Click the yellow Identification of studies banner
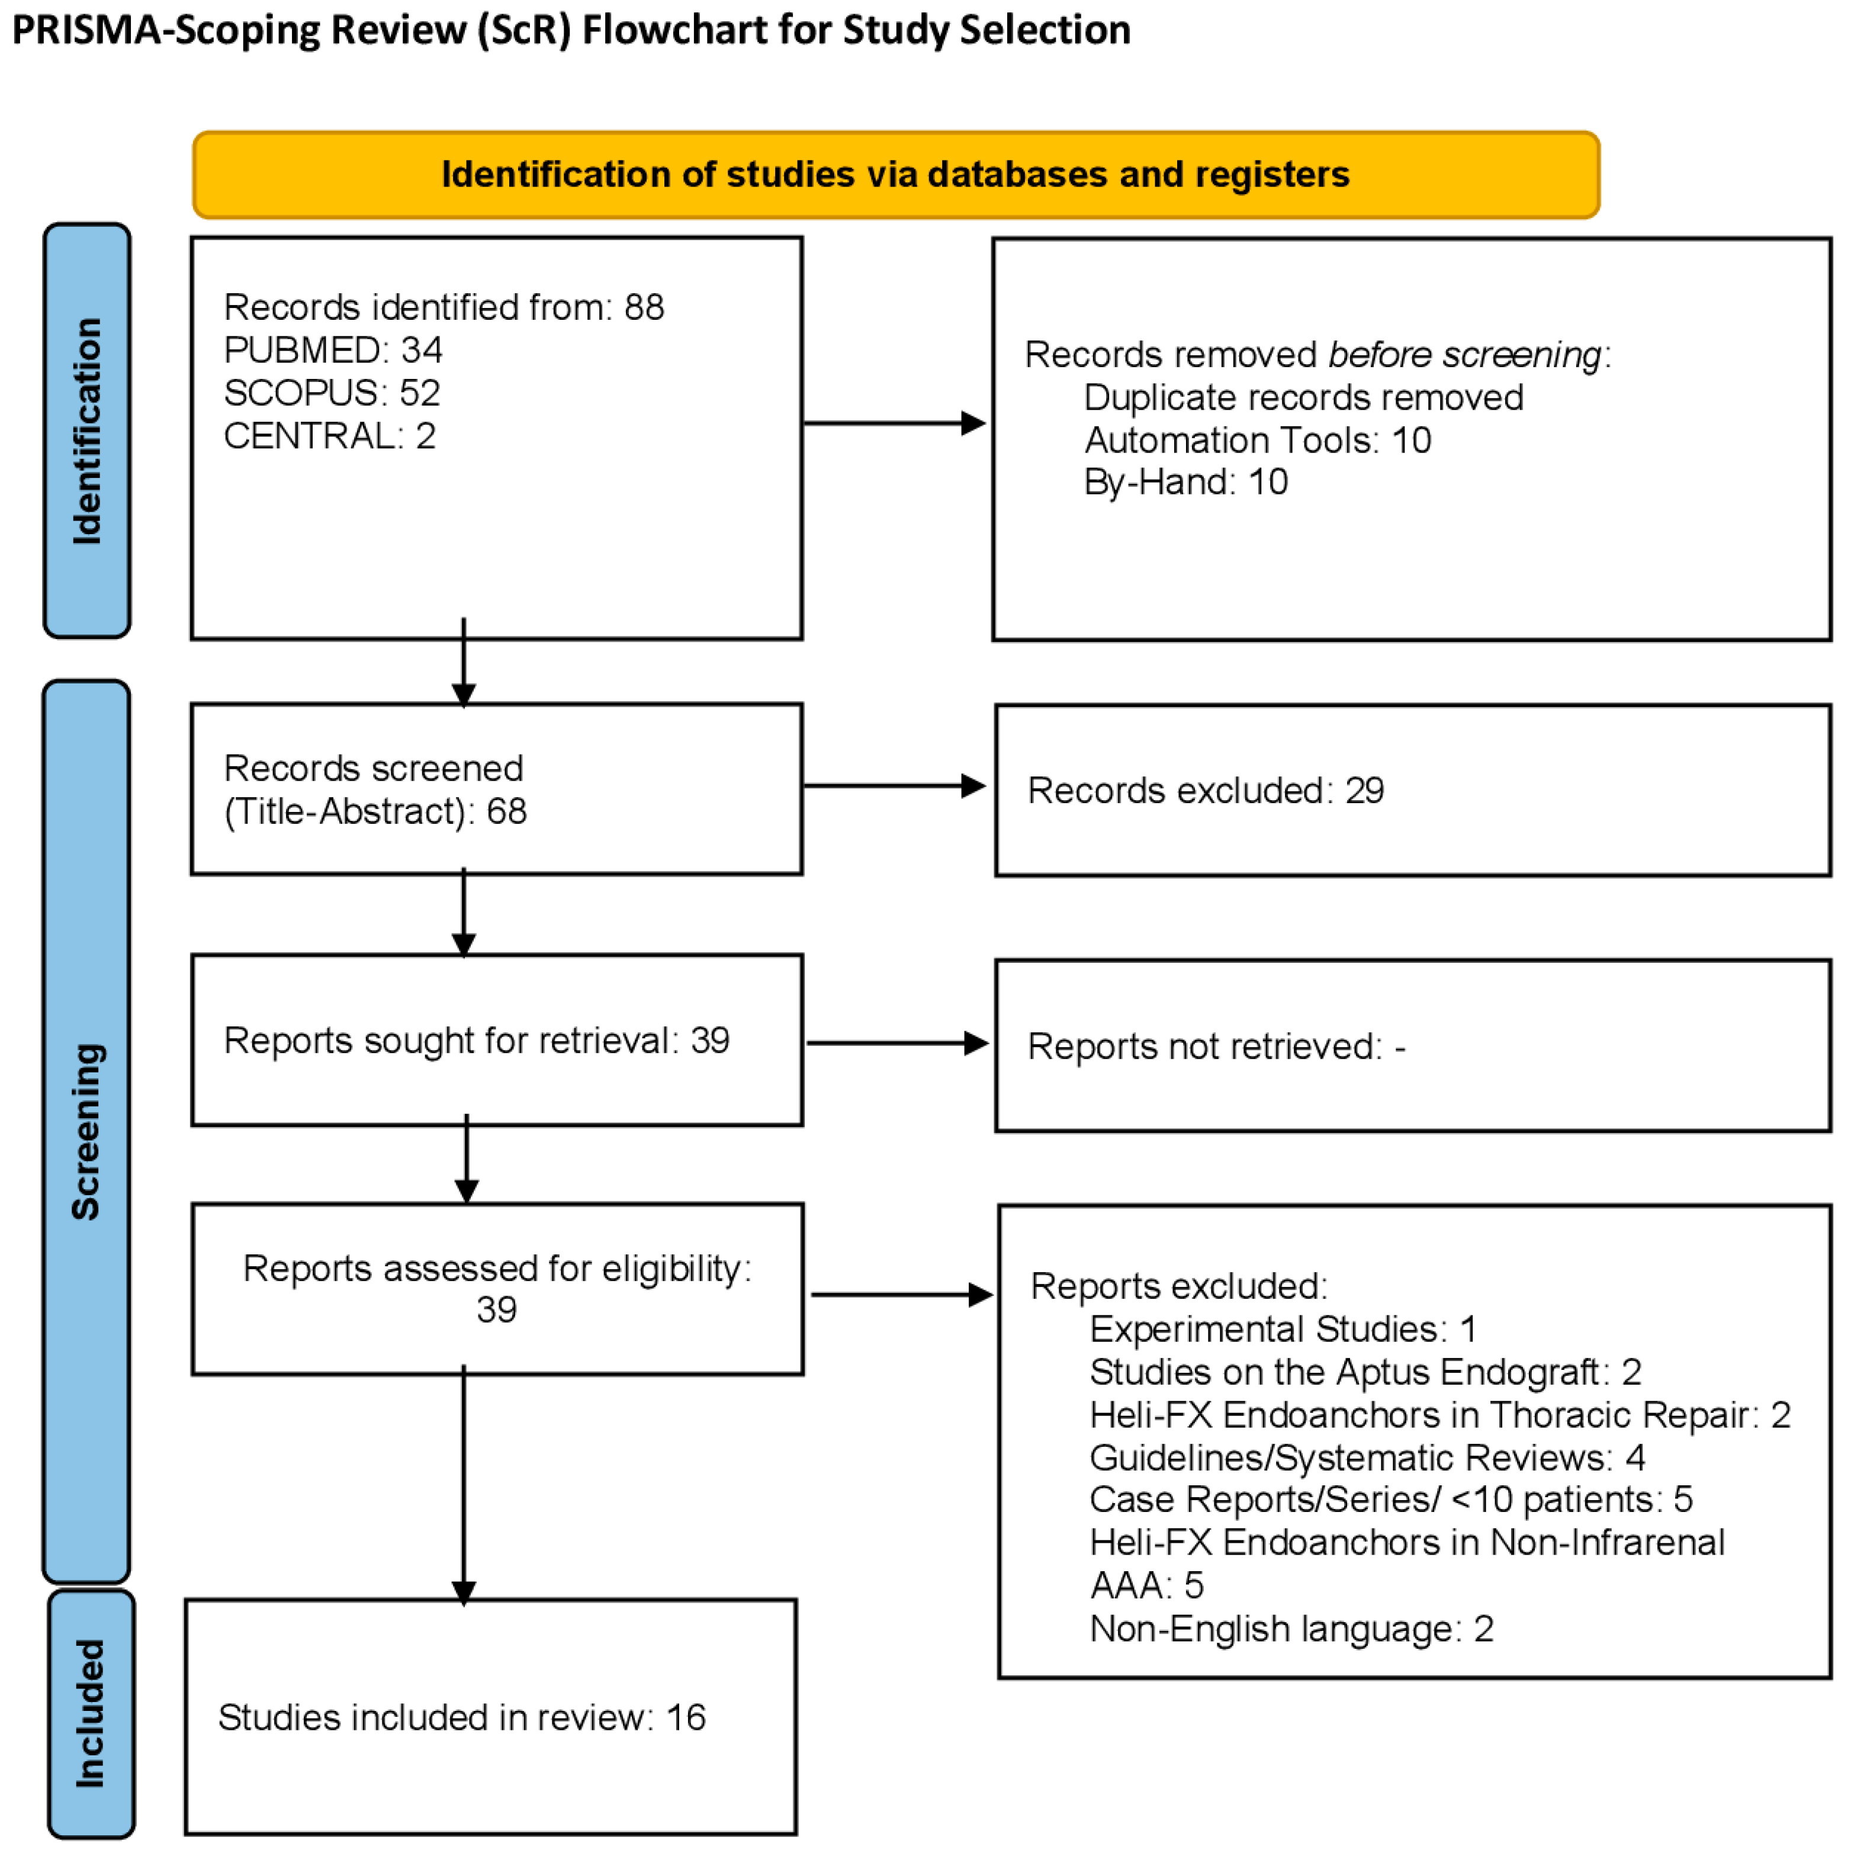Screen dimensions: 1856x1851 coord(895,175)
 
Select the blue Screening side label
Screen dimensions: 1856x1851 coord(86,1131)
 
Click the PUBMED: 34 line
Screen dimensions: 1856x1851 coord(332,349)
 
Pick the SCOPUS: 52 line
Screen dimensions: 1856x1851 coord(332,393)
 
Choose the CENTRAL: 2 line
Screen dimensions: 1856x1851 coord(329,436)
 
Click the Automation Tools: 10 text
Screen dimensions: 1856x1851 coord(1257,440)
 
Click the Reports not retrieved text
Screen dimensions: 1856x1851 coord(1215,1046)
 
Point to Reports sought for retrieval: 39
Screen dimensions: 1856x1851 coord(477,1041)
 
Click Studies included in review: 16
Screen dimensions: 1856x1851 coord(461,1717)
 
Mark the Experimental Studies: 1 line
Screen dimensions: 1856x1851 coord(1283,1330)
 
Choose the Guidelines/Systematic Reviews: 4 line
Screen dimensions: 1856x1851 coord(1366,1457)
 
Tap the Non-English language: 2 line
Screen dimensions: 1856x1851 coord(1291,1629)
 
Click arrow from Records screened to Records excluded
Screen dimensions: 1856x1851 coord(894,786)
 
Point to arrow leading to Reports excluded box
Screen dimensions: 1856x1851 coord(901,1295)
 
